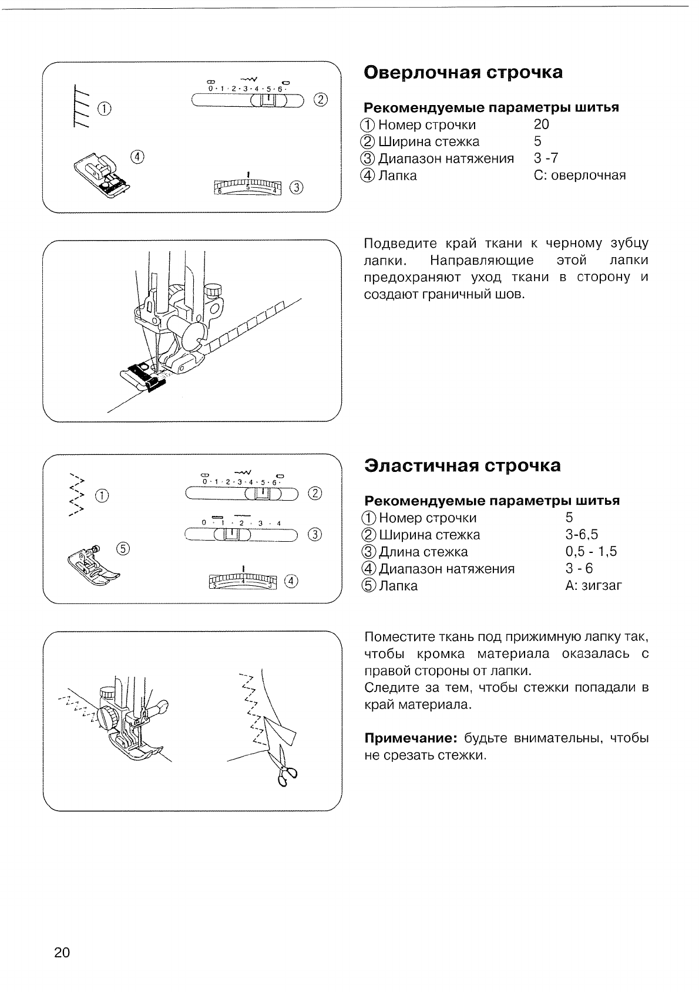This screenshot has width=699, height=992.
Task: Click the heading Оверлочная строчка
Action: (463, 73)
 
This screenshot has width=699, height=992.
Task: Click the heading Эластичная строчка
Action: (462, 466)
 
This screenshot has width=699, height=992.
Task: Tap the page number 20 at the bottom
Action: (62, 952)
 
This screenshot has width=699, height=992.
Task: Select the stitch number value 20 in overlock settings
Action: (542, 124)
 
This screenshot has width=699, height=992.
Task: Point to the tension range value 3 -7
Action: (546, 158)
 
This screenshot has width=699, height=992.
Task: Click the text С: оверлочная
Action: (580, 176)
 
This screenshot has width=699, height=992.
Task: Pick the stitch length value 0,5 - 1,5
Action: (591, 552)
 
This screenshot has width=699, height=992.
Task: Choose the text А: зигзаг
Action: (593, 586)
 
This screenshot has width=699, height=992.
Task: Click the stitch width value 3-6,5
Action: (582, 535)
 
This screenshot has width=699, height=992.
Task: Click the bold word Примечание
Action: (411, 738)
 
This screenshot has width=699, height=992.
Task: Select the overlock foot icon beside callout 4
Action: (101, 176)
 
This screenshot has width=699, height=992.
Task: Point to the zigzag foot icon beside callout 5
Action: (89, 562)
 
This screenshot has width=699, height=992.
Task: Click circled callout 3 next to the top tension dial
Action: (297, 188)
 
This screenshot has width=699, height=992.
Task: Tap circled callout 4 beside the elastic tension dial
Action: (291, 581)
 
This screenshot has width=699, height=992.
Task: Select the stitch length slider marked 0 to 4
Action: (242, 534)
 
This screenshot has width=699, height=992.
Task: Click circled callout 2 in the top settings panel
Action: (320, 99)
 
